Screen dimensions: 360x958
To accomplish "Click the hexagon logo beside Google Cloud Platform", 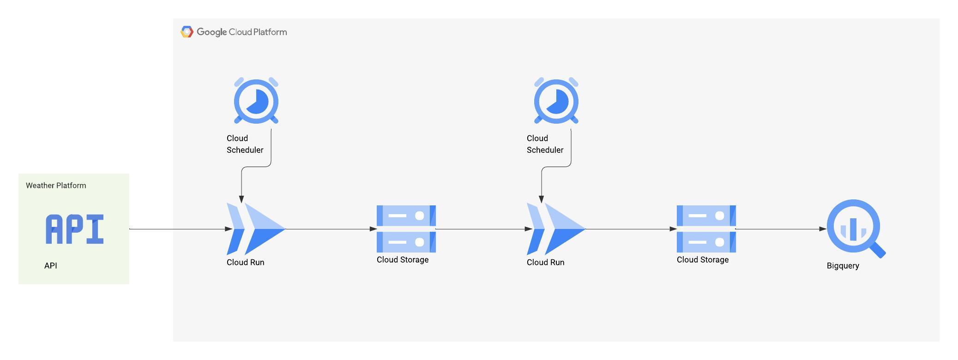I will (x=187, y=32).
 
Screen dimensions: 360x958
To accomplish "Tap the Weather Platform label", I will (x=56, y=186).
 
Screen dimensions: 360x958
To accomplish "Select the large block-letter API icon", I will (x=75, y=229).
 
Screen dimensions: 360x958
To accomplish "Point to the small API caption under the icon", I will (x=51, y=266).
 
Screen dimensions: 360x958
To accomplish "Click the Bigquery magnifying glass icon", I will (x=853, y=227).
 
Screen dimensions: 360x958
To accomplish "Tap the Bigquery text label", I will (x=843, y=266).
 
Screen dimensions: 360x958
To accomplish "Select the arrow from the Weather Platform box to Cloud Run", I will (x=180, y=229).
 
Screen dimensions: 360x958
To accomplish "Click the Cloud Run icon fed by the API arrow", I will (x=256, y=229).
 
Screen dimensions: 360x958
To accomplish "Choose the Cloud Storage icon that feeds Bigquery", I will (x=706, y=229).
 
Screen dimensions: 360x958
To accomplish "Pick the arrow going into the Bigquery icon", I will (x=780, y=229).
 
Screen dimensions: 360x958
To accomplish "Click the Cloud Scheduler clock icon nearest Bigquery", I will (x=556, y=101).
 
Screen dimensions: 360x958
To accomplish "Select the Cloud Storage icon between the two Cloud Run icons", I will (x=406, y=229).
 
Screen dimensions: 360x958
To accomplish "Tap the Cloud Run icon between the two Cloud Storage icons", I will (x=556, y=229).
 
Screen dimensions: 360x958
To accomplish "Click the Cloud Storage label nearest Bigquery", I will (x=702, y=260).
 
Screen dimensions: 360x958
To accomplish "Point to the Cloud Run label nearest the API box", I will (x=245, y=263).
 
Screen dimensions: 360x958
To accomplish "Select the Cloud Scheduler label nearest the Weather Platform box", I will (x=245, y=144).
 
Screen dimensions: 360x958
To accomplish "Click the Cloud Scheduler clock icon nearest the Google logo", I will (x=256, y=101).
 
